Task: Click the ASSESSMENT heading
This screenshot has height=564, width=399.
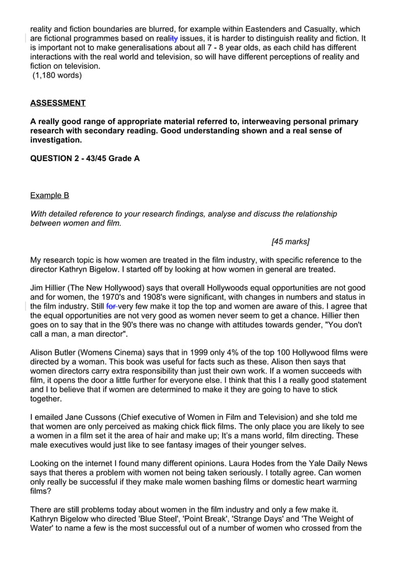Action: [x=58, y=102]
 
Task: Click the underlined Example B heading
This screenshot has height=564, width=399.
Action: [x=49, y=195]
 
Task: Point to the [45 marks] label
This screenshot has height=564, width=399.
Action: [x=290, y=241]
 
